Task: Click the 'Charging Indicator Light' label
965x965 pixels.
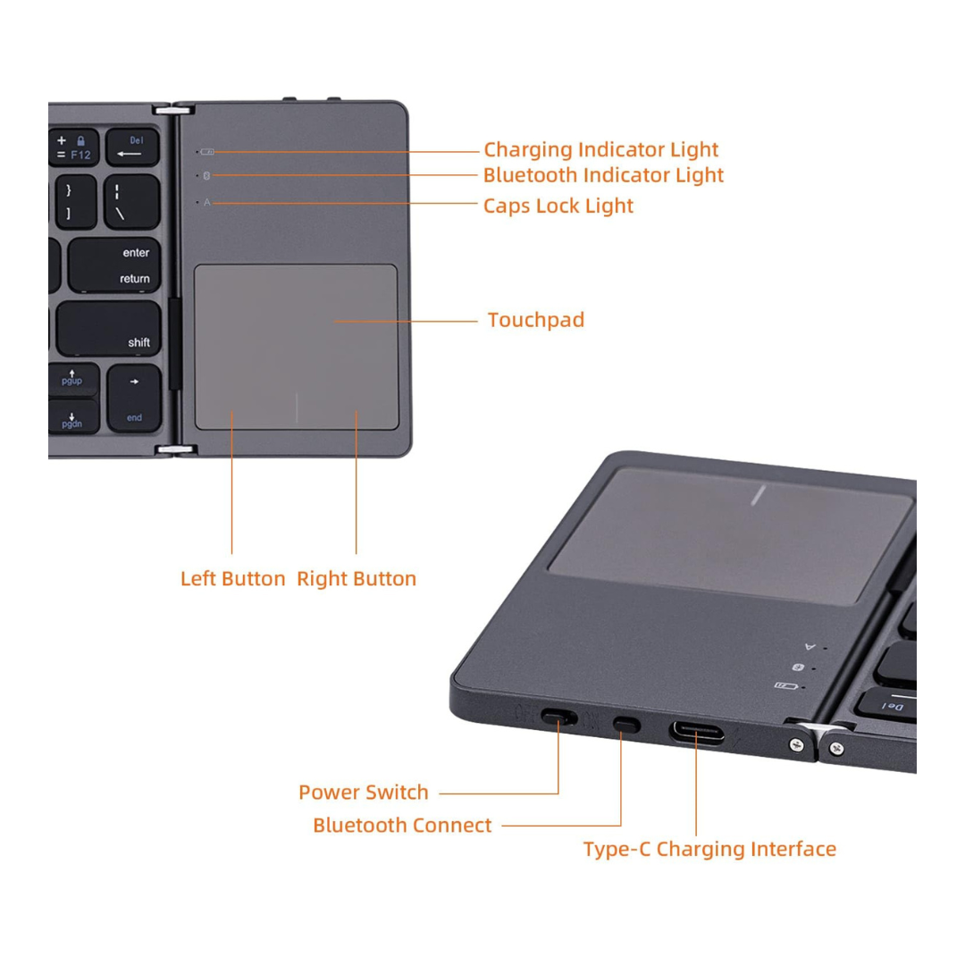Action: pyautogui.click(x=600, y=149)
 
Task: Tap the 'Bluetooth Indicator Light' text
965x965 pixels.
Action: pyautogui.click(x=603, y=175)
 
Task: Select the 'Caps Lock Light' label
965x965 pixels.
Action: pyautogui.click(x=558, y=206)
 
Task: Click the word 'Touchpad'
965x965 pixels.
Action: pyautogui.click(x=536, y=320)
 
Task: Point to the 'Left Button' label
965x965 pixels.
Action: pyautogui.click(x=232, y=578)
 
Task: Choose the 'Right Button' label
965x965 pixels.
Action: pyautogui.click(x=357, y=578)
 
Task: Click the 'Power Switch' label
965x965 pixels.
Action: pyautogui.click(x=363, y=792)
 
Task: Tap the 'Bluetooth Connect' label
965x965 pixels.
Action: pyautogui.click(x=402, y=825)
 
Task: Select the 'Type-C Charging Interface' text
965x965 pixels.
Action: pyautogui.click(x=709, y=849)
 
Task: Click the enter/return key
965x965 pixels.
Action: pyautogui.click(x=113, y=265)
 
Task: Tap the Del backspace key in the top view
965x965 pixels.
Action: pyautogui.click(x=132, y=147)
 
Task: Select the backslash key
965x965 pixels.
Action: pyautogui.click(x=131, y=202)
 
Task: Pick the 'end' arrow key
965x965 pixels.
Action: pyautogui.click(x=134, y=399)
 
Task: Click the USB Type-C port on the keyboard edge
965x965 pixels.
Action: pyautogui.click(x=697, y=733)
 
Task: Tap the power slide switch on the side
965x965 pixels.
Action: pyautogui.click(x=558, y=717)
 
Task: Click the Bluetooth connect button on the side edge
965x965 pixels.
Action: pyautogui.click(x=626, y=725)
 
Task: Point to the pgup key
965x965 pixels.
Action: pyautogui.click(x=73, y=378)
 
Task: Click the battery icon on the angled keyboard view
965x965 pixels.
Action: pyautogui.click(x=786, y=685)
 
